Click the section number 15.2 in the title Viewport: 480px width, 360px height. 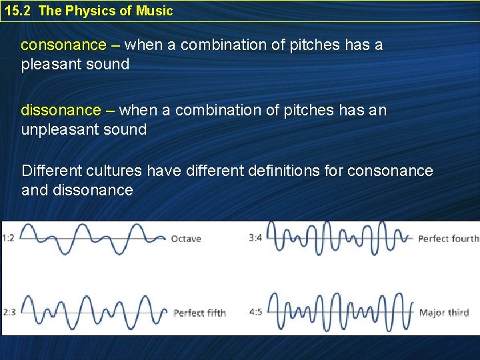[17, 11]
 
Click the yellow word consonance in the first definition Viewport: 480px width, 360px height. [63, 45]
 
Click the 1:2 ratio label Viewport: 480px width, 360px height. [9, 238]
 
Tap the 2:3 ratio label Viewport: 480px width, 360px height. [9, 312]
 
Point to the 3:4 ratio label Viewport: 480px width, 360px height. [256, 238]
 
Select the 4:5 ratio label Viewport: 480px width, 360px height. [256, 312]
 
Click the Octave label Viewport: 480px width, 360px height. [185, 239]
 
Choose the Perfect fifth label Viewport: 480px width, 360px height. [199, 313]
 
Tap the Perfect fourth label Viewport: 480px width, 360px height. [448, 239]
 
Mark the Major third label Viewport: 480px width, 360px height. [443, 313]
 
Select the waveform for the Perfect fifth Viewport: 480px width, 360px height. [93, 311]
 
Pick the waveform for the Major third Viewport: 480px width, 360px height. [340, 311]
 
